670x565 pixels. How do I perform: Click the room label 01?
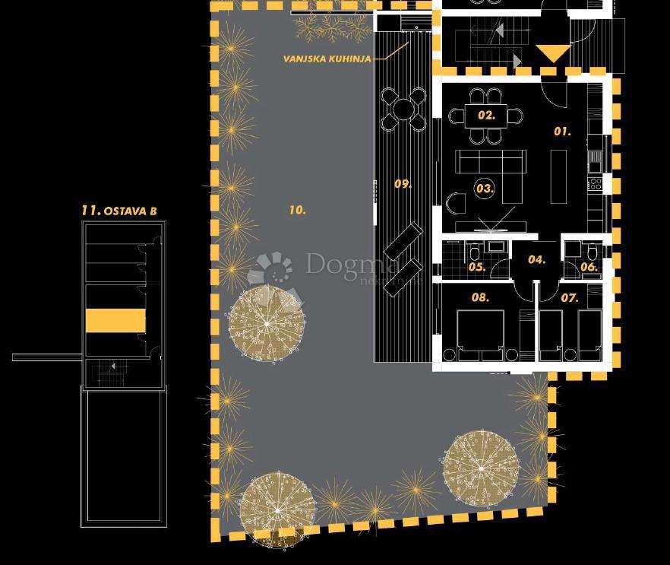561,132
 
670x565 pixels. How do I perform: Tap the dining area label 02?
486,116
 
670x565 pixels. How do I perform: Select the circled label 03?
485,188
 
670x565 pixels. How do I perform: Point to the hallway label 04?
536,259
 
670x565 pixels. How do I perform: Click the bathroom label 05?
476,267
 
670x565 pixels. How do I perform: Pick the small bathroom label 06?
589,267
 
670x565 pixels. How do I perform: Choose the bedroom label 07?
570,297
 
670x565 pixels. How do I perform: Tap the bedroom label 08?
480,297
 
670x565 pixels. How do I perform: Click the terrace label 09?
403,184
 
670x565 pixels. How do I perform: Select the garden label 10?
297,210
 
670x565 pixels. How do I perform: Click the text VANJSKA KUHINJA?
327,58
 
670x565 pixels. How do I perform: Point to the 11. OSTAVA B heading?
119,211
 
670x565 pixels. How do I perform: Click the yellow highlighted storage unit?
115,320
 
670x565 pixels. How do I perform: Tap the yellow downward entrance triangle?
553,53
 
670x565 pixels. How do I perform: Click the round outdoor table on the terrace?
403,109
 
